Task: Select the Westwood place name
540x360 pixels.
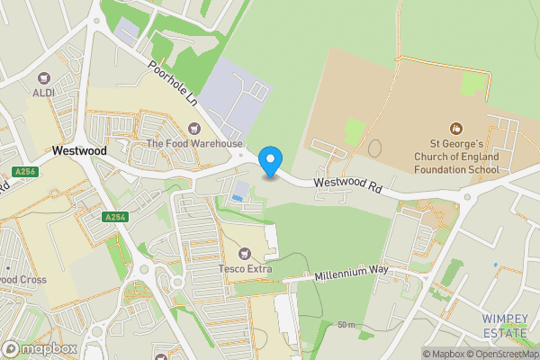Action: (x=79, y=151)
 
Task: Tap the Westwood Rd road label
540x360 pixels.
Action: (x=349, y=187)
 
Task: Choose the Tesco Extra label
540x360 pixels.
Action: (x=245, y=268)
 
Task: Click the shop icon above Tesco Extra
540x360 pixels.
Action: (x=245, y=253)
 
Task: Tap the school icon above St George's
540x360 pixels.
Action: (x=455, y=128)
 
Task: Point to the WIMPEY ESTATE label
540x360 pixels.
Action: (x=504, y=326)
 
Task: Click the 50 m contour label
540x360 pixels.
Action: (x=346, y=324)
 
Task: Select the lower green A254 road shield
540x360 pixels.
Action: (x=115, y=217)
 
